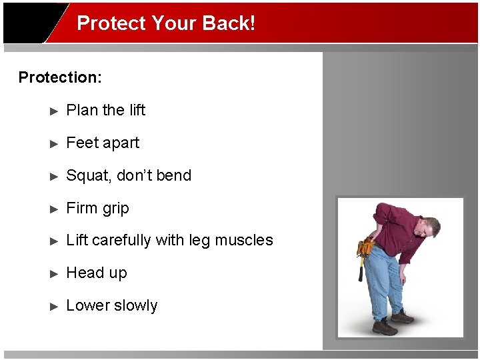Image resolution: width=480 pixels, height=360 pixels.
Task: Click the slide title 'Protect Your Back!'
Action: (166, 23)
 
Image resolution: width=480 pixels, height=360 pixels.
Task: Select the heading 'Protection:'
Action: (60, 77)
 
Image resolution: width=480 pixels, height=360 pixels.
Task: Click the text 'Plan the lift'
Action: (105, 110)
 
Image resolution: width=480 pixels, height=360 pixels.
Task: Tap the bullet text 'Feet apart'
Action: (103, 143)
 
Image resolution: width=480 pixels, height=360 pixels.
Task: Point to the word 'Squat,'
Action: (89, 176)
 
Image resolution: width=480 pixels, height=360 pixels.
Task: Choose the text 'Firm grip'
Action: (97, 208)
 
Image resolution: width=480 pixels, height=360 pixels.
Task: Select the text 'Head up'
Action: (97, 273)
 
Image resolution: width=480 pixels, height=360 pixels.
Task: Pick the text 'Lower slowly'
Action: (112, 306)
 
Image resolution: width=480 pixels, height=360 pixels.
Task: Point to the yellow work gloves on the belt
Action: (365, 247)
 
